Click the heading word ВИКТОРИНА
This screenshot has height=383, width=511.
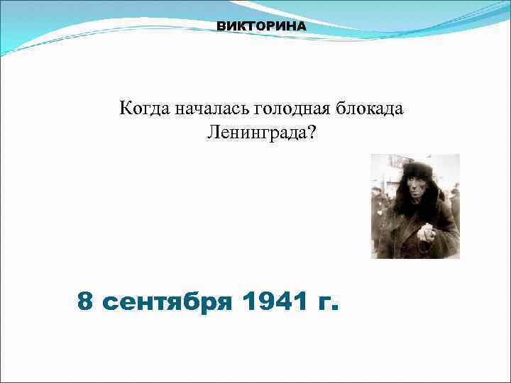point(261,26)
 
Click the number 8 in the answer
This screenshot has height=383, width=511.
point(86,302)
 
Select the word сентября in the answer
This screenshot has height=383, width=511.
point(167,304)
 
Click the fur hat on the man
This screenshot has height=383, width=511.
point(417,171)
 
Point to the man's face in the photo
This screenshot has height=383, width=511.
point(418,189)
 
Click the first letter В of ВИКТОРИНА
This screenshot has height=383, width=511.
point(221,26)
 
